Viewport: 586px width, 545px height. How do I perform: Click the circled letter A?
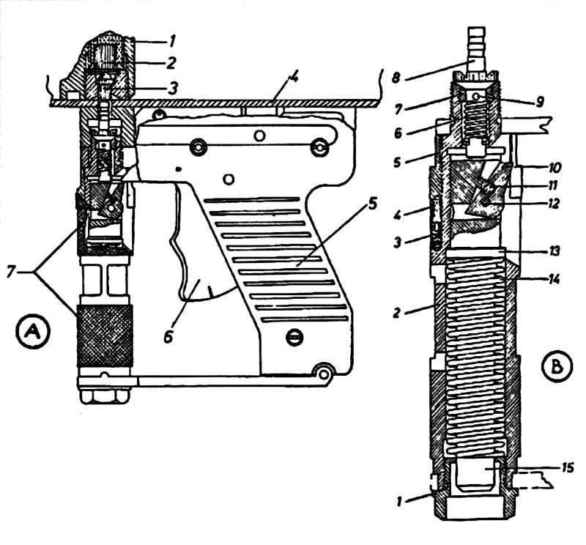[x=33, y=332]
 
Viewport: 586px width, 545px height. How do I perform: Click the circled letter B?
[x=557, y=367]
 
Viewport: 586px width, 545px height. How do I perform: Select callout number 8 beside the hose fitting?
[x=396, y=78]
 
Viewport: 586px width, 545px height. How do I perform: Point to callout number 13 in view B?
[x=555, y=251]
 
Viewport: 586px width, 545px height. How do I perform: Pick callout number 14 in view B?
[x=554, y=279]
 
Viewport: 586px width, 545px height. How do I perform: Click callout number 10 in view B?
[x=555, y=167]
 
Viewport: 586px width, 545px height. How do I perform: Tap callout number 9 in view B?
[x=539, y=101]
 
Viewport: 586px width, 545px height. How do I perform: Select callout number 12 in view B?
[x=554, y=204]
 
